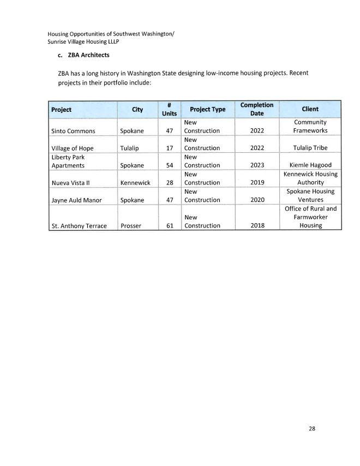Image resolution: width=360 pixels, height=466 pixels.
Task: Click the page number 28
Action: coord(311,428)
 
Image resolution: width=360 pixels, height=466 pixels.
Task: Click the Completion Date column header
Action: coord(256,109)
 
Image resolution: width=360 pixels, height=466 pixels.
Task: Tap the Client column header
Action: coord(310,109)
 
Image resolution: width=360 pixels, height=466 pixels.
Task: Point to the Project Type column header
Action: coord(207,109)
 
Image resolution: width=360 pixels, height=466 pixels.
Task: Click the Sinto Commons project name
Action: coord(73,131)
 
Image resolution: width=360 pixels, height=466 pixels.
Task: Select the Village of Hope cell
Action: coord(72,148)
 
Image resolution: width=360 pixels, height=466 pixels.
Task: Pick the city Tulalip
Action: coord(130,148)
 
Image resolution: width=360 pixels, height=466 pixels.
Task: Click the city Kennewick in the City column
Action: coord(135,183)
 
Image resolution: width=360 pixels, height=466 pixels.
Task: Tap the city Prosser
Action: coord(131,225)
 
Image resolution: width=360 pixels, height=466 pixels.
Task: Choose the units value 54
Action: coord(169,165)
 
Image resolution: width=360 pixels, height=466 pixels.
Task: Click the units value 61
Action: coord(169,225)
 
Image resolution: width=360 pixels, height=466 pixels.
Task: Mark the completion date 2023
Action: coord(257,165)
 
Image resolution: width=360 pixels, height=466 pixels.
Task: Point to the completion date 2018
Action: coord(257,225)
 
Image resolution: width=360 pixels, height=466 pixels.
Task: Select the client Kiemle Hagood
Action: coord(310,165)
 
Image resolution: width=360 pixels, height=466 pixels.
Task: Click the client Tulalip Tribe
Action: coord(310,148)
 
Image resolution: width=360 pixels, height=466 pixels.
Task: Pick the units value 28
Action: coord(169,183)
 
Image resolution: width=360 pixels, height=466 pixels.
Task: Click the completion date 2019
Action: coord(257,183)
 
